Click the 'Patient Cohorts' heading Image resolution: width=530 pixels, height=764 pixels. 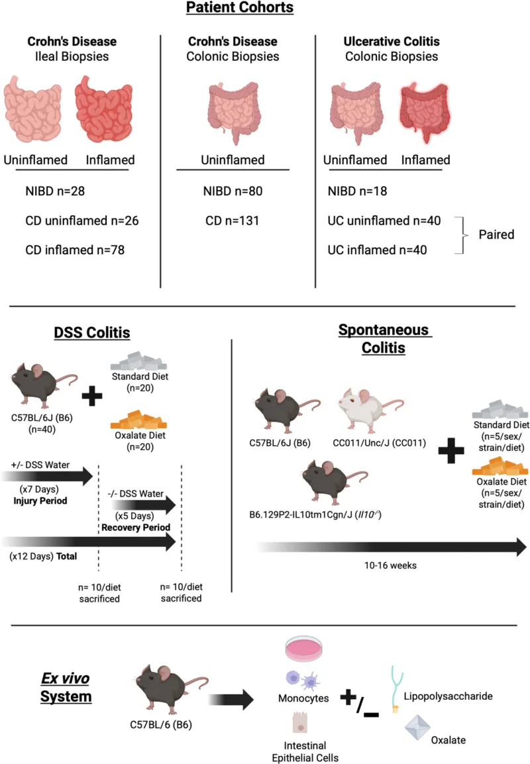(x=240, y=7)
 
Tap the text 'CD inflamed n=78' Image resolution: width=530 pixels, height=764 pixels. (x=75, y=250)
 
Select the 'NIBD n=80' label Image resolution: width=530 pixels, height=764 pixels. (x=233, y=191)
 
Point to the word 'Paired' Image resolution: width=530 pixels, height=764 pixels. (x=496, y=234)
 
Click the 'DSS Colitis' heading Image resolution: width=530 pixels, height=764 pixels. (x=92, y=333)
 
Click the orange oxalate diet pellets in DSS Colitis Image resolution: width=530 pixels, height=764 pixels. (x=139, y=420)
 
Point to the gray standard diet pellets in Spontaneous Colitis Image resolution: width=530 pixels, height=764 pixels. (x=500, y=410)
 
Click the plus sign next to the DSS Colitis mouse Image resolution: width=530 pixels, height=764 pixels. (x=92, y=396)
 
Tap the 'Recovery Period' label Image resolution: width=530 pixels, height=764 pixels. (x=136, y=527)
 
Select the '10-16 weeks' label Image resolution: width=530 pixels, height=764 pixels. (x=390, y=565)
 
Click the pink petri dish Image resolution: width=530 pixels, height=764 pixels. (x=304, y=649)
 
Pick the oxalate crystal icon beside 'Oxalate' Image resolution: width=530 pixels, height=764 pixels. (x=417, y=728)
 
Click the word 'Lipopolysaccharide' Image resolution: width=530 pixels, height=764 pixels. (x=448, y=696)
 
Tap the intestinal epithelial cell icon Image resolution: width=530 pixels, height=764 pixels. (x=300, y=722)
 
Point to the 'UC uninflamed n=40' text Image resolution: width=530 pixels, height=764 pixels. (x=384, y=220)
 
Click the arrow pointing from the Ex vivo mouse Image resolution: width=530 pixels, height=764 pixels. (x=231, y=700)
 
